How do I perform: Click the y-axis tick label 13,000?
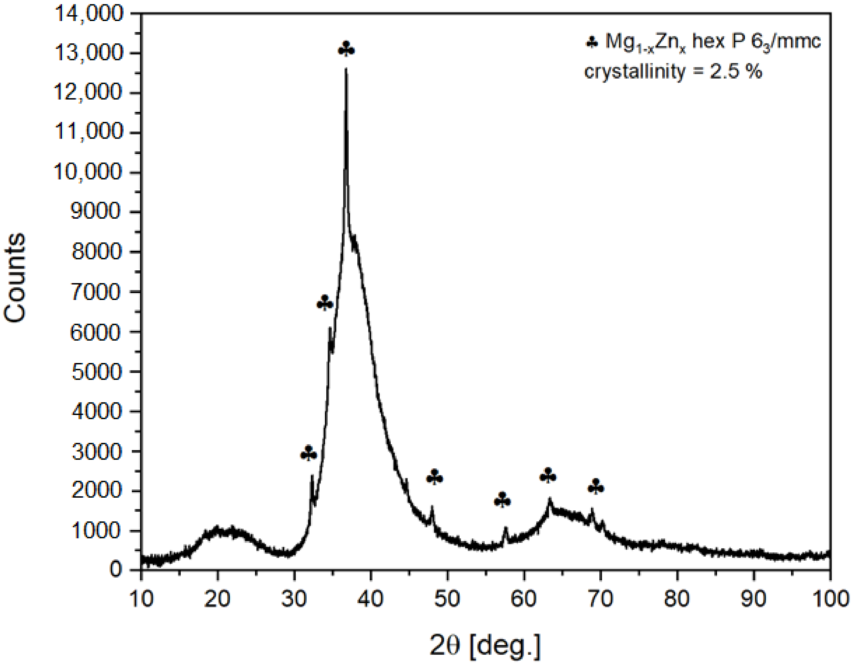click(x=89, y=53)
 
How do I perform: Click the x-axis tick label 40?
click(x=371, y=599)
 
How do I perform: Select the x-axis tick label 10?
click(x=141, y=599)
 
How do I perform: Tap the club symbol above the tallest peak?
click(x=346, y=49)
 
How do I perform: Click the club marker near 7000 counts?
click(x=325, y=303)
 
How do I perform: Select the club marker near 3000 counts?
click(x=308, y=453)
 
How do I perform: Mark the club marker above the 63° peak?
click(x=548, y=476)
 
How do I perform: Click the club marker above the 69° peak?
click(x=596, y=487)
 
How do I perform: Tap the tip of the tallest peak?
click(x=346, y=69)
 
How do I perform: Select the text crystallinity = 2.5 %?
click(x=673, y=72)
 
